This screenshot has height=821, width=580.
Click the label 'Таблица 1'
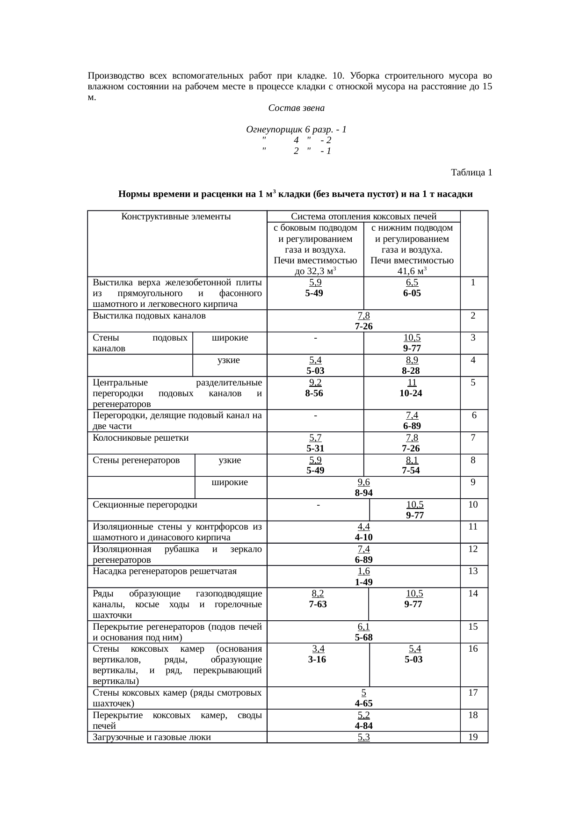click(471, 173)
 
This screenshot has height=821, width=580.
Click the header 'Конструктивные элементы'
click(176, 217)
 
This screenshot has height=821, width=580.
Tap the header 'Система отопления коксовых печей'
click(363, 217)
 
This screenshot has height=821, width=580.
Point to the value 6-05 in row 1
click(412, 293)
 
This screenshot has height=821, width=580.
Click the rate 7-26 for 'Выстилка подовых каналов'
click(363, 326)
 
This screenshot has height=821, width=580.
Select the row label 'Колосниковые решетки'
click(140, 438)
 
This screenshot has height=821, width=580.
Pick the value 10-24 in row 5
click(411, 393)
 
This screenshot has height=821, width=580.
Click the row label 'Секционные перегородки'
click(145, 505)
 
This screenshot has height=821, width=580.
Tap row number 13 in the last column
click(473, 571)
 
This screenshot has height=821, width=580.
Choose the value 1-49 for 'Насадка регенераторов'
click(363, 582)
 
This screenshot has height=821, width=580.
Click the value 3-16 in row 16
click(317, 659)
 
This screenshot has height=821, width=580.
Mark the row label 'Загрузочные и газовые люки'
click(152, 737)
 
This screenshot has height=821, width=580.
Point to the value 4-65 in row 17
click(363, 704)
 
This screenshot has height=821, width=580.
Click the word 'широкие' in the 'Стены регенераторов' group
click(230, 482)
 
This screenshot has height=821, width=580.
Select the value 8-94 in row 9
click(363, 493)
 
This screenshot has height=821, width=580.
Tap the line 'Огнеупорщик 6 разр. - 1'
click(296, 129)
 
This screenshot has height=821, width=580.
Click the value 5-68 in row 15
click(363, 637)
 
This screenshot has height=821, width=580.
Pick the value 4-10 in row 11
click(363, 538)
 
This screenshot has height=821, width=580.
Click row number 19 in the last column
click(473, 737)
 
